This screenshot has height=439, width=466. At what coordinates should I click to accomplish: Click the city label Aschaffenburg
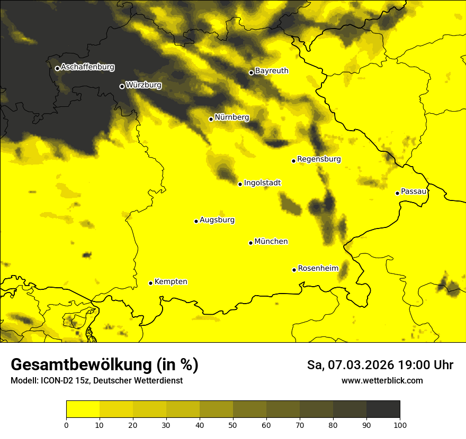[x=87, y=67]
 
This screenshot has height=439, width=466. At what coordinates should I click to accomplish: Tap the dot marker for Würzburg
[x=122, y=86]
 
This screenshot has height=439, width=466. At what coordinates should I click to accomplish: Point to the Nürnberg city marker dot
[x=211, y=119]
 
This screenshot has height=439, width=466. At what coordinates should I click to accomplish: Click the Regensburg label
[x=319, y=159]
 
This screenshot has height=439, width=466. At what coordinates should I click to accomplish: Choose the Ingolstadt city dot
[x=240, y=184]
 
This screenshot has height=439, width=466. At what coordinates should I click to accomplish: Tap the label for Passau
[x=414, y=191]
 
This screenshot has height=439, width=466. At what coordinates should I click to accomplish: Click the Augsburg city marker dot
[x=196, y=221]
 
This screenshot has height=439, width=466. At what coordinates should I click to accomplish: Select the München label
[x=271, y=242]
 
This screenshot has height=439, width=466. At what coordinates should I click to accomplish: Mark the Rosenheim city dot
[x=294, y=270]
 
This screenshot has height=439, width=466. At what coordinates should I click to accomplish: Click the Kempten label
[x=171, y=282]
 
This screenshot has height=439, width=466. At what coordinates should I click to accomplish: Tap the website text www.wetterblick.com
[x=382, y=380]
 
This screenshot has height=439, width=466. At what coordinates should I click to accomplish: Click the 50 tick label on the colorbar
[x=233, y=425]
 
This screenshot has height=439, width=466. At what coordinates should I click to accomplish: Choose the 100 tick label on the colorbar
[x=400, y=425]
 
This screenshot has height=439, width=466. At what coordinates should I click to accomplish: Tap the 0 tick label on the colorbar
[x=66, y=425]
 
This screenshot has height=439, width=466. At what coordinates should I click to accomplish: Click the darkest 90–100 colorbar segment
[x=383, y=409]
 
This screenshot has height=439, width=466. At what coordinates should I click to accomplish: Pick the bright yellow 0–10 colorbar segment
[x=83, y=409]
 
